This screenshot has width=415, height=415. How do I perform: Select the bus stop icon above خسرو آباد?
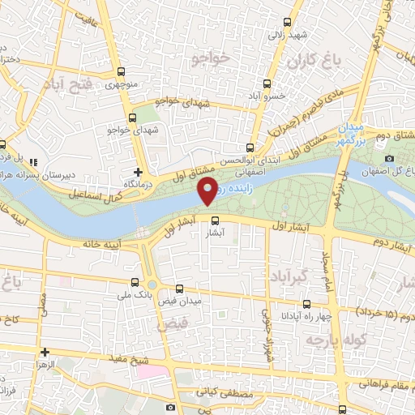pos(267,83)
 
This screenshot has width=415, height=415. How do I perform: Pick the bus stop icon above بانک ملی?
pos(135,283)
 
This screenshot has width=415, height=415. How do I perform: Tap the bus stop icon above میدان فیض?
pos(179,289)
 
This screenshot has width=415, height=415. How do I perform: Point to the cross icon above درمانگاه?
pos(139,172)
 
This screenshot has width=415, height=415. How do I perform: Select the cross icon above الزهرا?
pos(45,352)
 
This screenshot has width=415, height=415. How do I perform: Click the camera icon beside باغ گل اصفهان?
pos(390,157)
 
